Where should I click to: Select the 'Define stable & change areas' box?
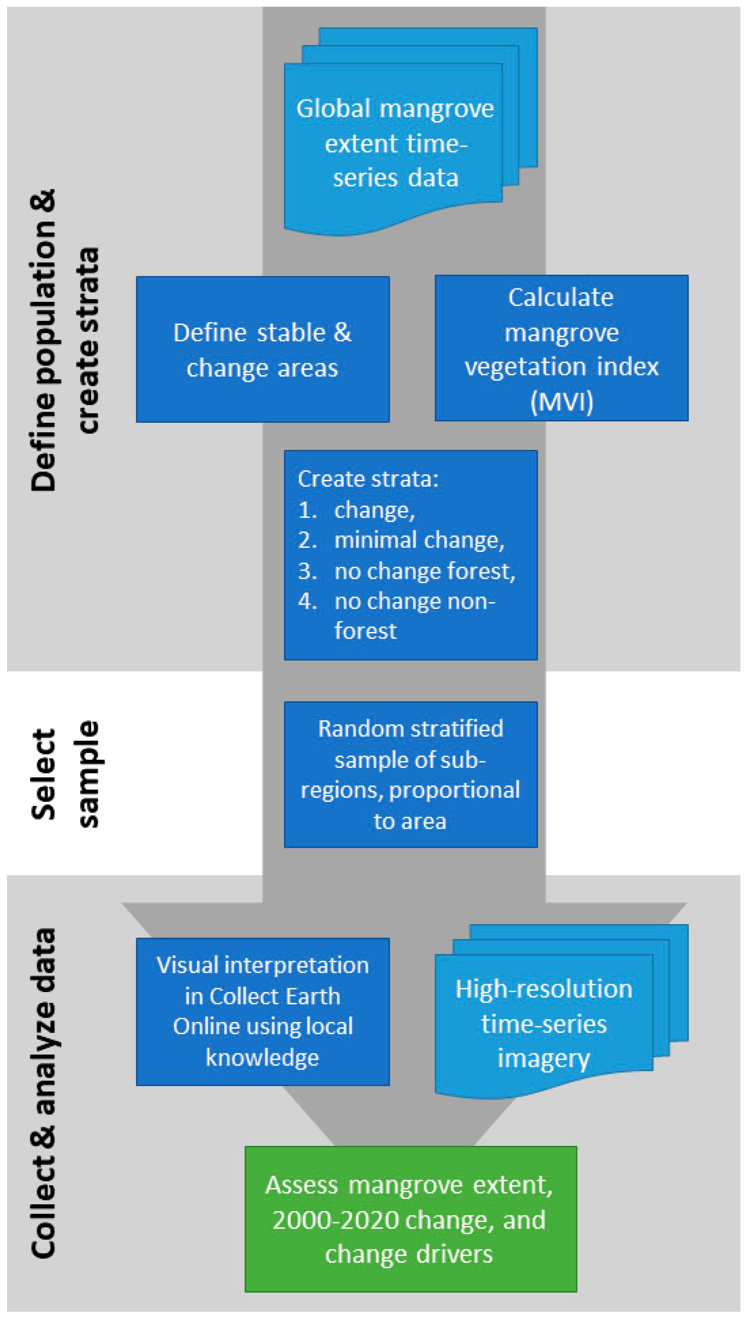263,349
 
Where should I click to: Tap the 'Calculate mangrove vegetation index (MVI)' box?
561,348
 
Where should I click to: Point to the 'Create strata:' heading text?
368,479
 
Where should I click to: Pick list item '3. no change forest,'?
424,571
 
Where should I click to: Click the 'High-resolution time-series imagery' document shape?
544,1024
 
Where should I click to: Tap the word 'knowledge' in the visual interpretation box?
262,1057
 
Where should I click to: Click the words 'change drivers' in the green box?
409,1254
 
